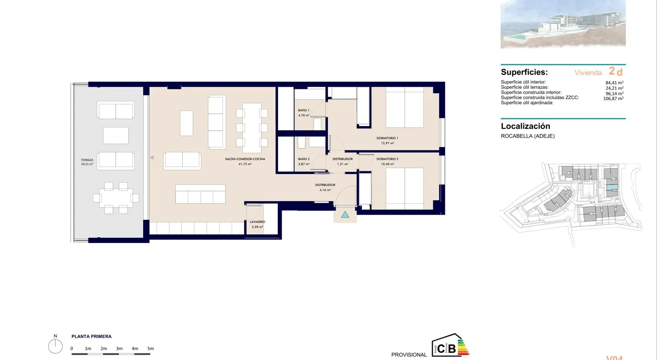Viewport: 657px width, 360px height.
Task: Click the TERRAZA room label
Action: (87, 160)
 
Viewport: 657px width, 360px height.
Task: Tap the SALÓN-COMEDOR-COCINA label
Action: (245, 159)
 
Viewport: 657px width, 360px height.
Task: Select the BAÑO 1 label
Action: (304, 110)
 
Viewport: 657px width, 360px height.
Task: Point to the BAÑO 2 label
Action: (304, 159)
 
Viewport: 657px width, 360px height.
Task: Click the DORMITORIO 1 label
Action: (387, 138)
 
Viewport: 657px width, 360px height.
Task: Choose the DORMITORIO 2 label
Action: (387, 159)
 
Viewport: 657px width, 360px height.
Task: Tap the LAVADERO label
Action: (257, 222)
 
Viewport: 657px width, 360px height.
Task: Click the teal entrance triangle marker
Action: (345, 215)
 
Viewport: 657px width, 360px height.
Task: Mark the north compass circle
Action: (55, 346)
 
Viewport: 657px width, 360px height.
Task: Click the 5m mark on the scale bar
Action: (150, 349)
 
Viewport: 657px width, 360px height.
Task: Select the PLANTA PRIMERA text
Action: (92, 336)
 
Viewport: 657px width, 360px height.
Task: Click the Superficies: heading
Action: (524, 72)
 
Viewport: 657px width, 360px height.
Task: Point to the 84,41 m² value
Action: (614, 83)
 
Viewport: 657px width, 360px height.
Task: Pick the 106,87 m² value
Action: (613, 99)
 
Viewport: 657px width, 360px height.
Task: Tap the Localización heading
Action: (525, 126)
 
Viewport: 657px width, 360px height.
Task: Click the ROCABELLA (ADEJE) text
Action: (527, 136)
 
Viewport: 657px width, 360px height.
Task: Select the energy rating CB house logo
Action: (450, 346)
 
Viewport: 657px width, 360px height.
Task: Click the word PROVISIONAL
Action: (409, 355)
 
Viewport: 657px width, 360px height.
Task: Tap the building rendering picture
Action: (563, 24)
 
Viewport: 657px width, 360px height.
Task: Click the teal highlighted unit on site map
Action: (611, 187)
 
